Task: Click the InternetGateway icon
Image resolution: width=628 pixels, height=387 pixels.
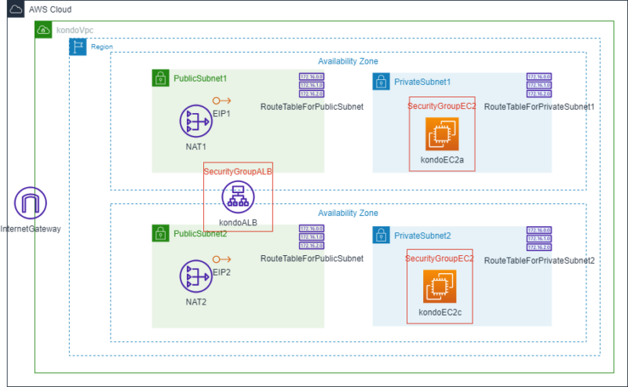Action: (x=31, y=203)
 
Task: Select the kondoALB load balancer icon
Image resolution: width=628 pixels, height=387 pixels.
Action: (x=238, y=197)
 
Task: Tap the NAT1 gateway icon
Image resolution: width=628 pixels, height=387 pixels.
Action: (x=195, y=122)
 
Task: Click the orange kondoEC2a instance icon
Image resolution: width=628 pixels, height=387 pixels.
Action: (x=441, y=134)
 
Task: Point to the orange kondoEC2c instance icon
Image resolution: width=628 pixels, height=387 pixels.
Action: (x=440, y=287)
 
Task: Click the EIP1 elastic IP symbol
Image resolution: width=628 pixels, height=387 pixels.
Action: (x=221, y=100)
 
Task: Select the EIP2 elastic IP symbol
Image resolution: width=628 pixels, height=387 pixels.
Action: (x=221, y=258)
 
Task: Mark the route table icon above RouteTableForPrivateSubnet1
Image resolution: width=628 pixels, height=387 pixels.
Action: (x=539, y=86)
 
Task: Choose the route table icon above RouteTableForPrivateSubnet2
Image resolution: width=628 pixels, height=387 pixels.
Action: (x=539, y=240)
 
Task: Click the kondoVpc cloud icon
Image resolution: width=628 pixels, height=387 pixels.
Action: (x=44, y=30)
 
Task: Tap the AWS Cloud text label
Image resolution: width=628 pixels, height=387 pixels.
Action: (x=50, y=9)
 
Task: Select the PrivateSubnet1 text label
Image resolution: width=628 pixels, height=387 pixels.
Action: (x=422, y=82)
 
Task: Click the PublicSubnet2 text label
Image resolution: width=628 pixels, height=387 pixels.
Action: (x=200, y=234)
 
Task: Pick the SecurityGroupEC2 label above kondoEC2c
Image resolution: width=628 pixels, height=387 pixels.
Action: (x=440, y=258)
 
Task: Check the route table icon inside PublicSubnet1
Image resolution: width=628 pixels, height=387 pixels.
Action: (x=312, y=86)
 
